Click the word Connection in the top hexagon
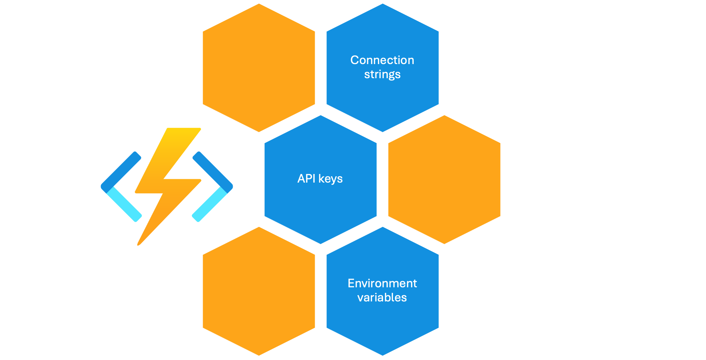click(x=382, y=60)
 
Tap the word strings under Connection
click(x=382, y=74)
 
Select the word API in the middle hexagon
click(x=306, y=178)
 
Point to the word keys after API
click(x=330, y=179)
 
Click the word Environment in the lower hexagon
click(x=382, y=283)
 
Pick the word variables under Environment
click(x=382, y=297)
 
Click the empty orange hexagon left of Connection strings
click(x=259, y=68)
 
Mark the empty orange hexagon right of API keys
click(x=444, y=179)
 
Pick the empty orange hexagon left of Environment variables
click(x=259, y=291)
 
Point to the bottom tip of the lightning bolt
click(x=139, y=244)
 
